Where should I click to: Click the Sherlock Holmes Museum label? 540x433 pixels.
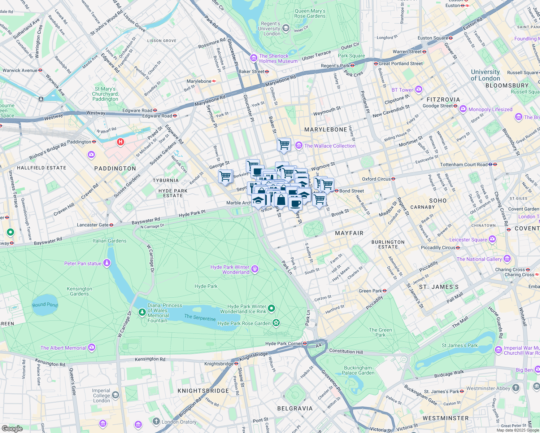tap(278, 58)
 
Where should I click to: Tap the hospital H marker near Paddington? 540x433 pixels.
tap(121, 142)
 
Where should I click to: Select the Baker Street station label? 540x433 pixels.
tap(252, 71)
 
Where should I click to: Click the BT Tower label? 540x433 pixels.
tap(402, 90)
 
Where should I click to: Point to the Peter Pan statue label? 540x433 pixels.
tap(83, 263)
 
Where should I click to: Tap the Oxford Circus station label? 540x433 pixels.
tap(376, 179)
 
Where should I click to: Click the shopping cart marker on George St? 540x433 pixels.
tap(225, 176)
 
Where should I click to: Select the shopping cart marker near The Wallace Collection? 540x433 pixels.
tap(284, 144)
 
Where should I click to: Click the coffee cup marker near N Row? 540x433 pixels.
tap(295, 203)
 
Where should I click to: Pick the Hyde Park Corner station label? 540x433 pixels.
tap(284, 344)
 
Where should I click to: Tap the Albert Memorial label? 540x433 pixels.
tap(64, 348)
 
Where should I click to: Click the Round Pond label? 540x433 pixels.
tap(45, 305)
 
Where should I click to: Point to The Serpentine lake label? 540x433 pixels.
tap(200, 318)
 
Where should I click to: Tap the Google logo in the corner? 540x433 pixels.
tap(12, 429)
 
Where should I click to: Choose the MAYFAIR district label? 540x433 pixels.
tap(349, 233)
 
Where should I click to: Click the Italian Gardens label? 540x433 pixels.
tap(110, 241)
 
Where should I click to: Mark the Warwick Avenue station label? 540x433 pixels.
tap(20, 70)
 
